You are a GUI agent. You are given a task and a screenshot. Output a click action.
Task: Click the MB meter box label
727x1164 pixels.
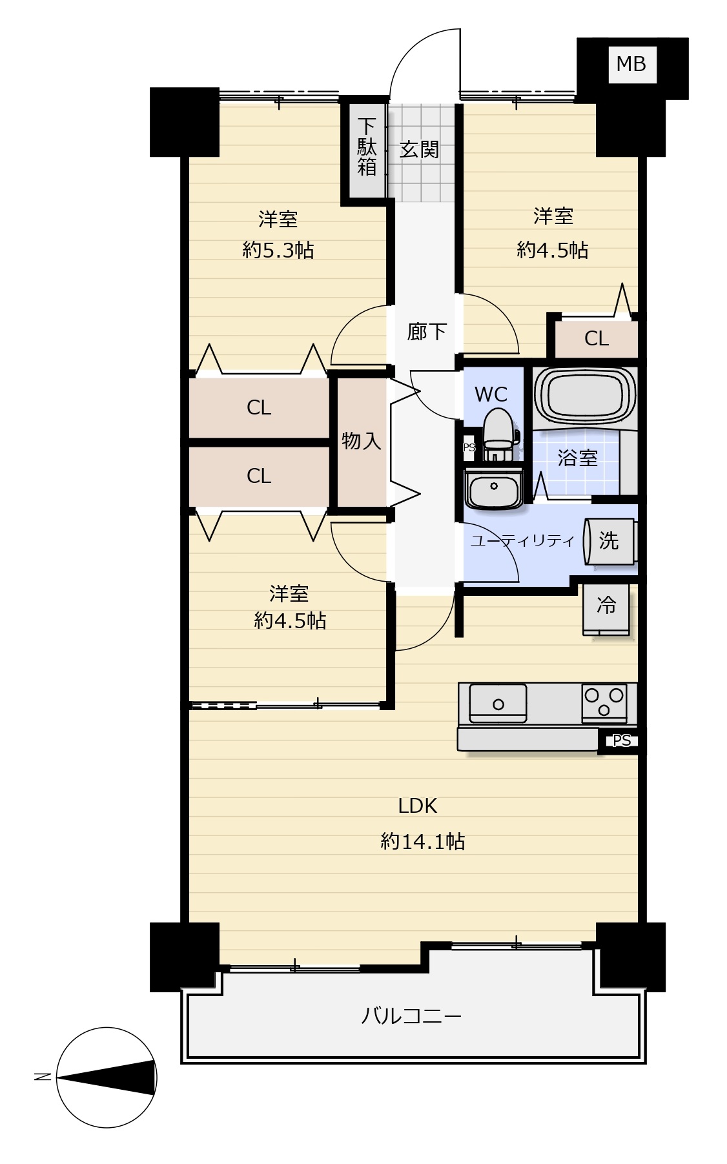(631, 64)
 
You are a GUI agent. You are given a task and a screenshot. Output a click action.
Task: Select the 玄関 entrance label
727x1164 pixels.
(419, 150)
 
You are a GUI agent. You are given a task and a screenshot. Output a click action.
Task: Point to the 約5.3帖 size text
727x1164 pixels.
(278, 250)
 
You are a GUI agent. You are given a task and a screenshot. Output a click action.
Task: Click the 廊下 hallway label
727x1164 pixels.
(427, 332)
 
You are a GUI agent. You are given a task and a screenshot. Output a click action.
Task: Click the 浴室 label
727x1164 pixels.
(577, 458)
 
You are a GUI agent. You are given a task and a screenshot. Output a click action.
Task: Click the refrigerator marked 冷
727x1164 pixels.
(606, 609)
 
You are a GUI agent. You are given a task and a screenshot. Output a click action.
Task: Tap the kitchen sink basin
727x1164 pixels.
(498, 704)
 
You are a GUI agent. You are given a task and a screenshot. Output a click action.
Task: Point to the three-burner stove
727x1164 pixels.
(604, 703)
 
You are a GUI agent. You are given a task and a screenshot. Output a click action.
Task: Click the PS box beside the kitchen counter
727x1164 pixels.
(621, 740)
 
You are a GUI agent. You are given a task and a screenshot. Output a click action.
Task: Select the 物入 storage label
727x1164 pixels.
(361, 441)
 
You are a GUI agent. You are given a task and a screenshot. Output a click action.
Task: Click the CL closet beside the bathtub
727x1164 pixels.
(596, 338)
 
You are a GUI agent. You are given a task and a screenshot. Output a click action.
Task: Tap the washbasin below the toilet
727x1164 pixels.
(494, 489)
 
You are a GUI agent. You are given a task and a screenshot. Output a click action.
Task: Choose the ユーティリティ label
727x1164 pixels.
(522, 540)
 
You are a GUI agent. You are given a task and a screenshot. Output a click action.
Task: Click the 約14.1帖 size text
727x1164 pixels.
(422, 841)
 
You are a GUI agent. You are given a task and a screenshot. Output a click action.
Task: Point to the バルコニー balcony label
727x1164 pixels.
(411, 1016)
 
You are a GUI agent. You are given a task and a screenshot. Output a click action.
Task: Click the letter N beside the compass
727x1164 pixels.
(43, 1076)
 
